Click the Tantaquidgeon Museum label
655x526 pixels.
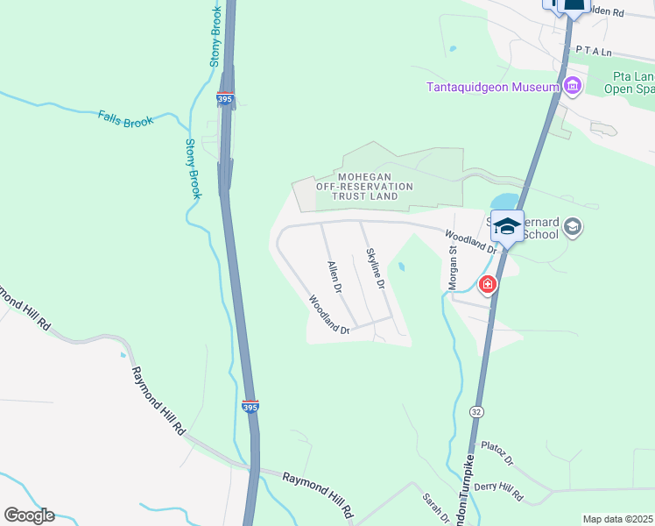tap(492, 87)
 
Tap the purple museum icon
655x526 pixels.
tap(573, 86)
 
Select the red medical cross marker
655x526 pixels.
tap(487, 284)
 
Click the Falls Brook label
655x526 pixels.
tap(125, 118)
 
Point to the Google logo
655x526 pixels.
tap(29, 515)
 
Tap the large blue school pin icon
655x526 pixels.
tap(507, 227)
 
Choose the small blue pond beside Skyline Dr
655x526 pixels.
tap(401, 267)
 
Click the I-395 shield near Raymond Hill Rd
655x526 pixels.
tap(250, 407)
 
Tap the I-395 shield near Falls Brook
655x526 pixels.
tap(226, 100)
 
